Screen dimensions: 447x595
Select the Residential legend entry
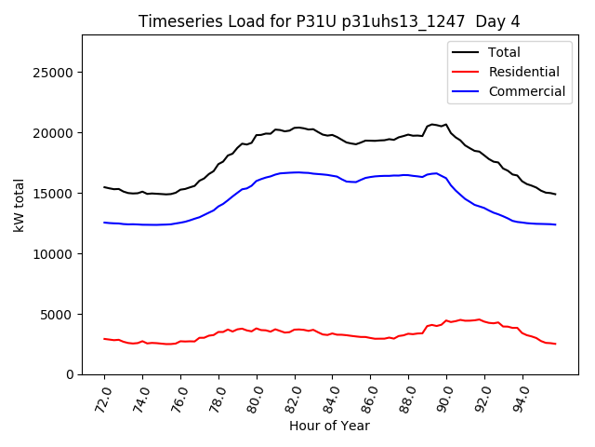click(523, 72)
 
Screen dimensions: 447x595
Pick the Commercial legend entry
click(526, 91)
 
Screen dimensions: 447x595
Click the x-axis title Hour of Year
click(329, 426)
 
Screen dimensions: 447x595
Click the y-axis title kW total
click(20, 203)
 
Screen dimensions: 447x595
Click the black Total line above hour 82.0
click(296, 128)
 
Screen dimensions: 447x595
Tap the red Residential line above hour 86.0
click(372, 337)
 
